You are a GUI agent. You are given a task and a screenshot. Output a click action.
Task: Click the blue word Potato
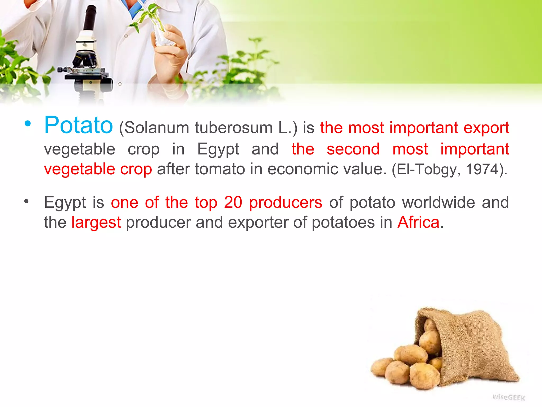78,125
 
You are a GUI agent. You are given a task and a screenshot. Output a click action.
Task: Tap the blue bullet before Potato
28,123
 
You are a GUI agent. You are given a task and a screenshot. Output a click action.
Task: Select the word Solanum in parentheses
156,128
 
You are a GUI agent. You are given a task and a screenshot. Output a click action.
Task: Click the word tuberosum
234,128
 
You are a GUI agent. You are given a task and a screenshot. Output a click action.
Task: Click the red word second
353,149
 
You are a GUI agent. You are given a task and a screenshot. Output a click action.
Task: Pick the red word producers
286,203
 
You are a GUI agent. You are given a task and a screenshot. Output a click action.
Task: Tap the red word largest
96,223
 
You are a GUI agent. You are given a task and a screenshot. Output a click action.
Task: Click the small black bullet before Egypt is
26,202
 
